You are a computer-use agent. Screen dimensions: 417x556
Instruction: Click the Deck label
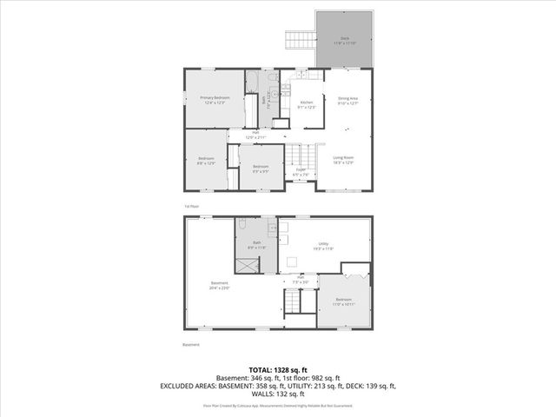(x=344, y=41)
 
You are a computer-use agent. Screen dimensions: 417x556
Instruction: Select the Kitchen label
(x=306, y=105)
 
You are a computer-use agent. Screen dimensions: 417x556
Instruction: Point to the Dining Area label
(x=348, y=103)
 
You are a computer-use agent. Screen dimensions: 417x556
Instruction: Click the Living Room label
(x=344, y=160)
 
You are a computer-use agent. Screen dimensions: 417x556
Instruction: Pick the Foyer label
(x=301, y=174)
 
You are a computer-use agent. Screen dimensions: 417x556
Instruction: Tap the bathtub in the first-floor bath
(x=252, y=110)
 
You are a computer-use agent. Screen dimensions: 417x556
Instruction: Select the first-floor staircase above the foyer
(x=301, y=156)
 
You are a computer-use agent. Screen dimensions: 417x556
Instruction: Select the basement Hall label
(x=300, y=280)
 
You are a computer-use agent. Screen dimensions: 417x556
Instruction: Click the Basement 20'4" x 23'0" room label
(x=220, y=286)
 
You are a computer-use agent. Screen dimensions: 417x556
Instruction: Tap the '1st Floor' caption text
(x=192, y=206)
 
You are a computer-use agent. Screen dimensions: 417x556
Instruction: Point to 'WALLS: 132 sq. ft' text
(x=278, y=394)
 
